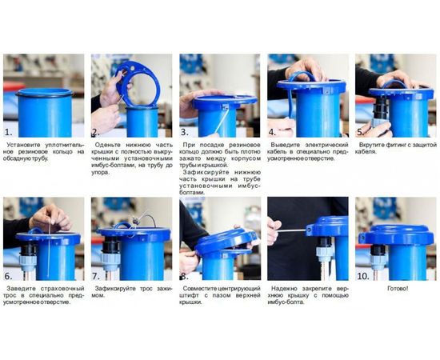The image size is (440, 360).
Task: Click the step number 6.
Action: pyautogui.click(x=8, y=274)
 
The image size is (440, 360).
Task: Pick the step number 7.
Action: pyautogui.click(x=96, y=274)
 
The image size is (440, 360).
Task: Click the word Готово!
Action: pyautogui.click(x=398, y=288)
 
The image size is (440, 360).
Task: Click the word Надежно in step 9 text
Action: pyautogui.click(x=287, y=288)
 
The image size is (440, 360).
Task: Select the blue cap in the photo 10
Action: pyautogui.click(x=398, y=231)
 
